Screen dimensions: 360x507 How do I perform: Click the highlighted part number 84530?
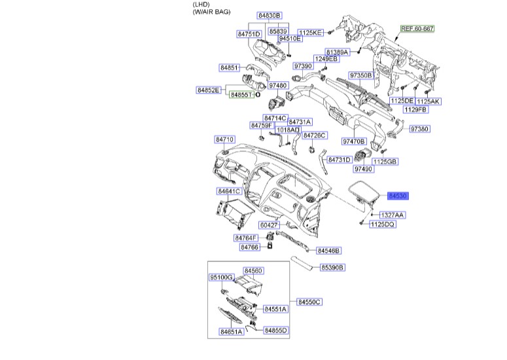(x=399, y=196)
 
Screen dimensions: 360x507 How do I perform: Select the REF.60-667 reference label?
(x=418, y=29)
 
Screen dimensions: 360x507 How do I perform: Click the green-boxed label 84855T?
(x=241, y=95)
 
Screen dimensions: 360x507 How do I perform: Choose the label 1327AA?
(x=393, y=215)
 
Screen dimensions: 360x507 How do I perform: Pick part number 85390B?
(x=332, y=268)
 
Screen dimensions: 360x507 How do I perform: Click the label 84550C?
(x=309, y=302)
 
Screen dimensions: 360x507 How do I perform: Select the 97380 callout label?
(x=419, y=129)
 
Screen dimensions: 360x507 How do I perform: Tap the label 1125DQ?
(x=383, y=225)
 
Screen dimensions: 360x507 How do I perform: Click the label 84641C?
(x=230, y=191)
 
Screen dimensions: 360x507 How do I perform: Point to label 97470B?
(x=353, y=141)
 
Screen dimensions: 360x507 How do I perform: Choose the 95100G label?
(x=221, y=278)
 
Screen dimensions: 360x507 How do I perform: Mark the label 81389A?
(x=338, y=52)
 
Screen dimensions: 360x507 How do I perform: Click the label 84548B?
(x=329, y=251)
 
